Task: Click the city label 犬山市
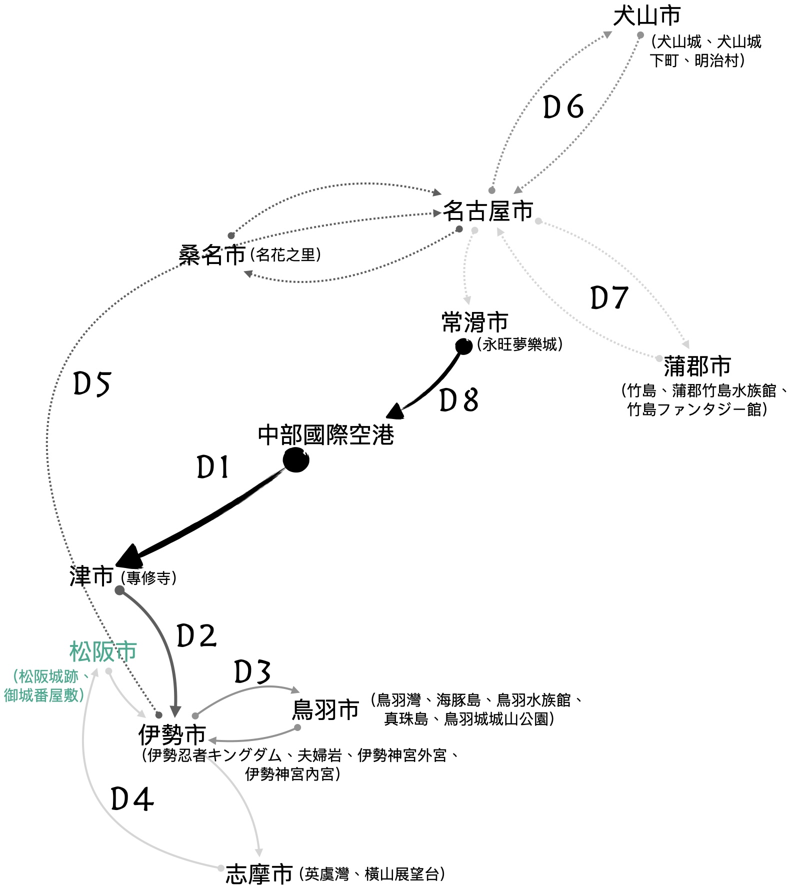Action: point(646,16)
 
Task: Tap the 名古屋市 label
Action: point(488,211)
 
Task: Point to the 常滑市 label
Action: point(474,322)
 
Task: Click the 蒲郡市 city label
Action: point(697,366)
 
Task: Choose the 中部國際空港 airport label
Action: point(326,435)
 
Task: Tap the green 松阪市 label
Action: point(103,651)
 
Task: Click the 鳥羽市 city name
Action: point(325,709)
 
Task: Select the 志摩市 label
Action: point(259,874)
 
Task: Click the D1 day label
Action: point(213,467)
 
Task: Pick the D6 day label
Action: point(563,107)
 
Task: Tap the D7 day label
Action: point(609,298)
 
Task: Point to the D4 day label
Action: point(131,799)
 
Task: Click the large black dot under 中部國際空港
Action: point(295,460)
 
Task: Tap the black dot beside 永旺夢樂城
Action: point(463,346)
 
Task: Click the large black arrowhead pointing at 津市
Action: point(128,556)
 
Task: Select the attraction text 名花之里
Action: point(285,255)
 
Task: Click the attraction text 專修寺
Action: point(148,578)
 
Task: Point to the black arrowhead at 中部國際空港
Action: point(396,411)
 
